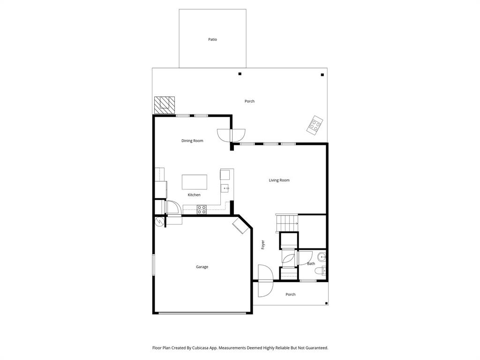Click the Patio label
pos(212,39)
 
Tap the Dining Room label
pos(192,141)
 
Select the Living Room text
pos(279,180)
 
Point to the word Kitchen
pos(194,195)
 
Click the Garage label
pos(202,267)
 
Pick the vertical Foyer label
pos(263,244)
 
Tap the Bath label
pos(311,263)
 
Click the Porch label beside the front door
pos(291,294)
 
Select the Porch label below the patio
pos(249,101)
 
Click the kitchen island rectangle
pos(195,182)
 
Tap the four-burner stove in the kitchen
pos(202,210)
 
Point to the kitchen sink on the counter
pos(225,188)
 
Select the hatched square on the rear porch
pos(165,105)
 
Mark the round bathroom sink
pos(322,257)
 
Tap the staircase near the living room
pos(287,223)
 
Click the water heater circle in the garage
pos(159,221)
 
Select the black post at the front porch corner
pos(326,303)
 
